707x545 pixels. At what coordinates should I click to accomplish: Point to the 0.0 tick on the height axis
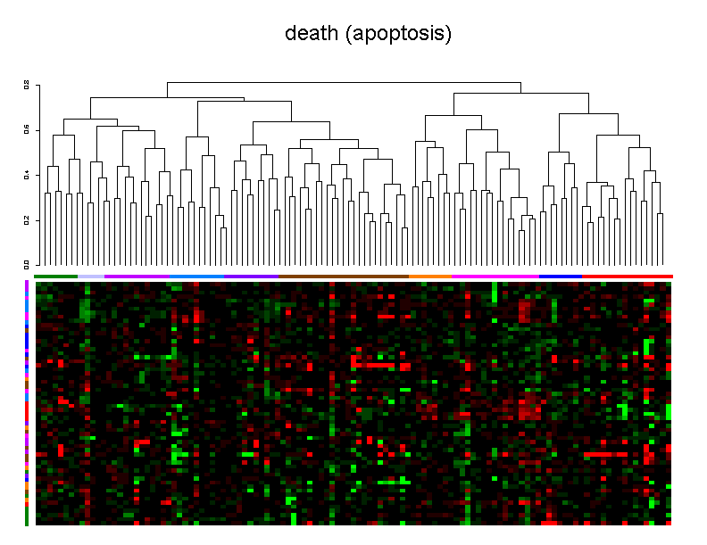point(27,265)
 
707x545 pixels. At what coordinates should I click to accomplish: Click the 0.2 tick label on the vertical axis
point(27,220)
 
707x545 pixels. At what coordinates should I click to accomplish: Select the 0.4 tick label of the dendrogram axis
point(27,175)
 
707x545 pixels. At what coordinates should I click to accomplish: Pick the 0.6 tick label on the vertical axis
point(27,130)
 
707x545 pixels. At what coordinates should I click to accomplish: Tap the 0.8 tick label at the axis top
point(27,86)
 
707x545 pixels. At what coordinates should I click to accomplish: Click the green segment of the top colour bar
point(56,277)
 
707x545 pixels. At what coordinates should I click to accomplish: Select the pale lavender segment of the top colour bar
point(91,277)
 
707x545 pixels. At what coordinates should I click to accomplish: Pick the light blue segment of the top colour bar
point(196,277)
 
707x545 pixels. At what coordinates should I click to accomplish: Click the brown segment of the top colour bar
point(343,277)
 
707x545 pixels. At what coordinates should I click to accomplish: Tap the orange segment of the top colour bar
point(430,277)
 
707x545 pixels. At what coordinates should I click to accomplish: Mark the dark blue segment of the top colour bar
point(561,277)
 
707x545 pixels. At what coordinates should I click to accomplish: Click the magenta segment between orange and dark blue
point(495,277)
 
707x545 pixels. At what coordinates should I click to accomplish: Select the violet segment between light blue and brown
point(251,277)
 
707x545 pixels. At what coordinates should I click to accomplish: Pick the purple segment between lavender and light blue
point(137,277)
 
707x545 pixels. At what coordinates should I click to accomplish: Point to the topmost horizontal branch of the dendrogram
point(344,83)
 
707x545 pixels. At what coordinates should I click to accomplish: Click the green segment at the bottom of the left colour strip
point(27,516)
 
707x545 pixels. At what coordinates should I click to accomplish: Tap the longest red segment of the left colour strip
point(27,409)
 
